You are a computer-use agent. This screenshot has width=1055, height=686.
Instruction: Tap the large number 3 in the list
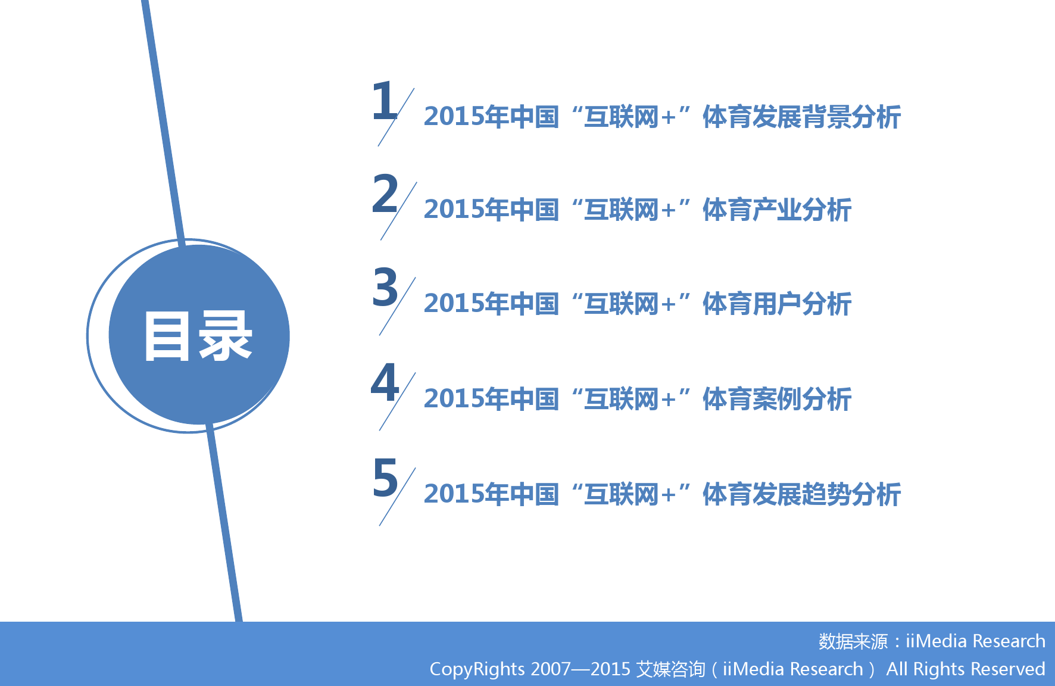click(385, 287)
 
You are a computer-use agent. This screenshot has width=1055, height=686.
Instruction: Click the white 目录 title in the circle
click(198, 336)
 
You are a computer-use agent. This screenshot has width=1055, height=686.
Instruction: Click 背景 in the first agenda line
click(826, 117)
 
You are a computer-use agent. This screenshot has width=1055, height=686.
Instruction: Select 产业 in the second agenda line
click(777, 210)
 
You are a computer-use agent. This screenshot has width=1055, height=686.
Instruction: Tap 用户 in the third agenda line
click(777, 304)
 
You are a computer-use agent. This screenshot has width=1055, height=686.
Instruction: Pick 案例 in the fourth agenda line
click(777, 399)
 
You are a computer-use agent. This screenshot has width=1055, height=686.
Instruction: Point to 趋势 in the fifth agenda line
click(826, 494)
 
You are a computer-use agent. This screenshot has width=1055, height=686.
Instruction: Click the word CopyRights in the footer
click(477, 669)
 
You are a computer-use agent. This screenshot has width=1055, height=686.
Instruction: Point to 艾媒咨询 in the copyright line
click(670, 669)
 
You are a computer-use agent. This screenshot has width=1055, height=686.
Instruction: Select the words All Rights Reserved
click(966, 669)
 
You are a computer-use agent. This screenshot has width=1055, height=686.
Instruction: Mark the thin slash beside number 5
click(397, 497)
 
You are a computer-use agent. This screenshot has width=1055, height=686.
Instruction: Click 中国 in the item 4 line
click(534, 399)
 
